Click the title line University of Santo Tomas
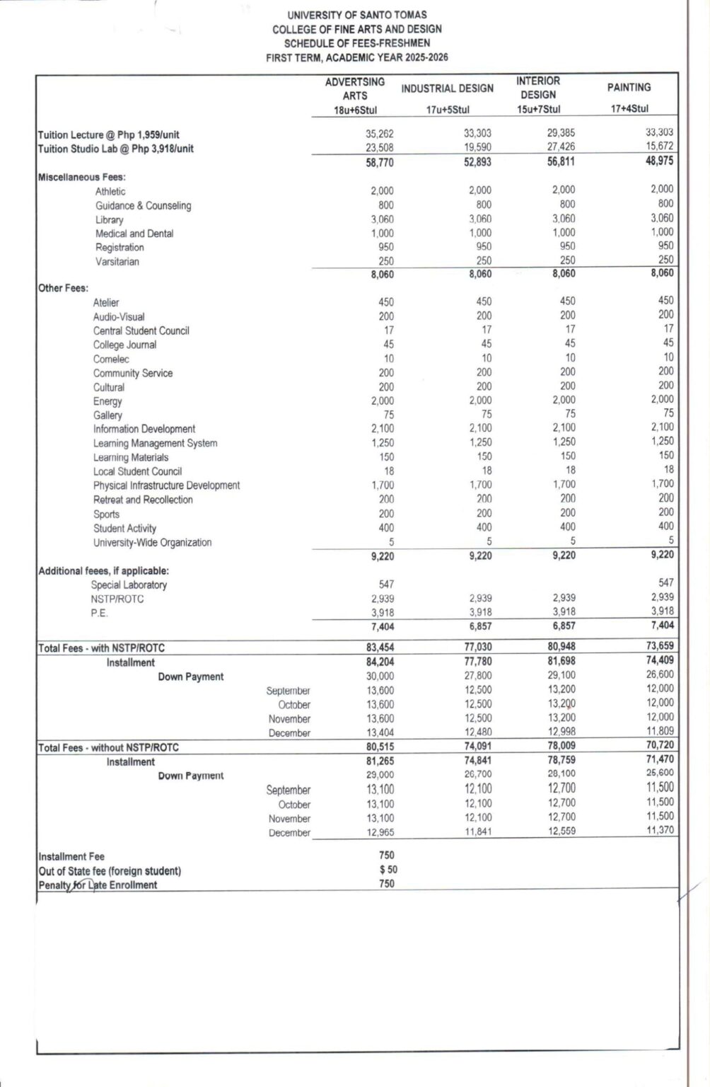(x=356, y=15)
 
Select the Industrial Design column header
(x=447, y=88)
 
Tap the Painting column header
(x=629, y=87)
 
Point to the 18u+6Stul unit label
(x=354, y=109)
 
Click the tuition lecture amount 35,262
(x=380, y=134)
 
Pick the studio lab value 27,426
(x=561, y=147)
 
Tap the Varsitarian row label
(x=117, y=262)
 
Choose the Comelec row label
(x=111, y=359)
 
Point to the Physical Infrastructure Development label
(x=166, y=485)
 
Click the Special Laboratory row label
(x=129, y=585)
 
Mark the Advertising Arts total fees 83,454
(x=380, y=648)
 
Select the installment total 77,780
(x=477, y=662)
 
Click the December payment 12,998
(x=561, y=732)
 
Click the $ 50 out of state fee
(x=388, y=870)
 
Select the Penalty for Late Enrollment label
(x=98, y=885)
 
